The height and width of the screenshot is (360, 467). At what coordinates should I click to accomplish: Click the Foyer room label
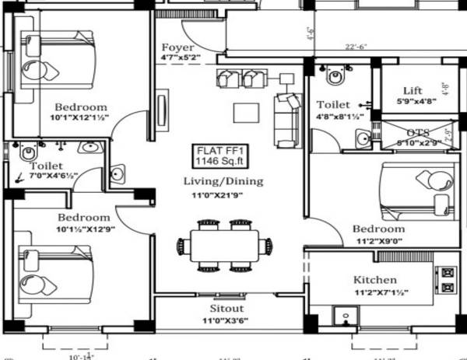pyautogui.click(x=177, y=47)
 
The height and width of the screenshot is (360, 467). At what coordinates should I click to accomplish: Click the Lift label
pyautogui.click(x=413, y=90)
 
